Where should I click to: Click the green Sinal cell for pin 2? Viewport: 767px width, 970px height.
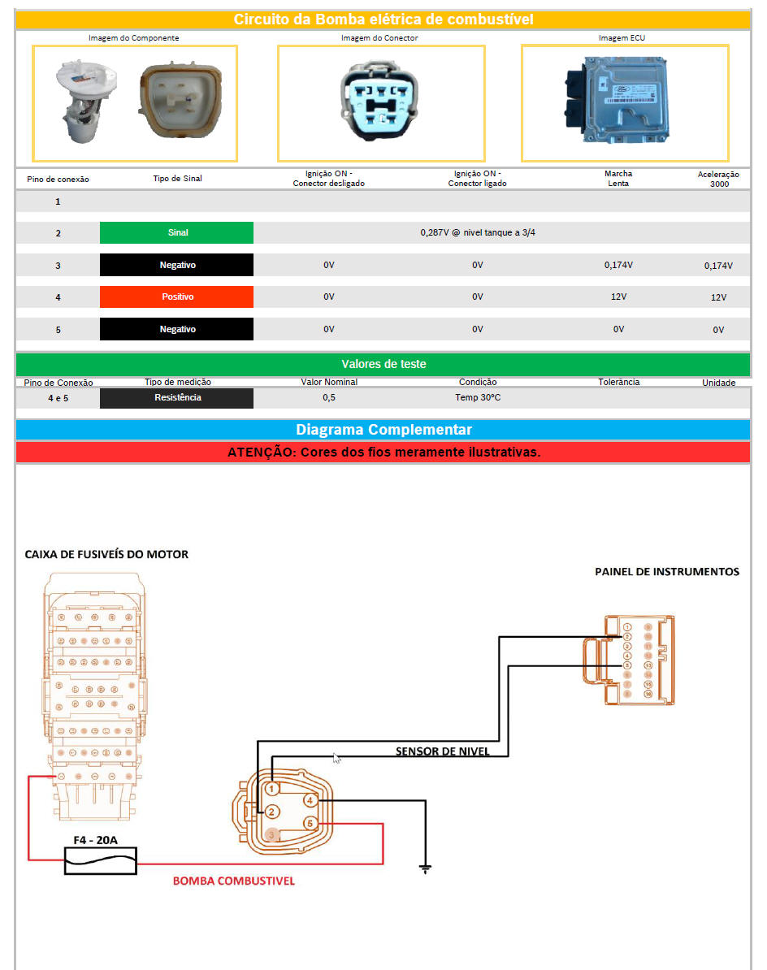(177, 233)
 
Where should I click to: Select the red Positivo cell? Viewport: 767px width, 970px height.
(177, 297)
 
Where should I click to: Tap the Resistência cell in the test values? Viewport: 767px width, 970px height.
(177, 398)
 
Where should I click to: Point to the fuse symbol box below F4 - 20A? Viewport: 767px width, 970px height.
(101, 861)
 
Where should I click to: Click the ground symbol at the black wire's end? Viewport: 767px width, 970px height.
(425, 868)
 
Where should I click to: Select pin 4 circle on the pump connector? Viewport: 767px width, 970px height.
(310, 801)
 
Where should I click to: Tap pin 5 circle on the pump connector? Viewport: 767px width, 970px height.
(310, 824)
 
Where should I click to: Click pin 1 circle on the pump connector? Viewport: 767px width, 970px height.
(272, 788)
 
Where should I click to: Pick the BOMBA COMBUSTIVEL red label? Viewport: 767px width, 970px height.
(234, 881)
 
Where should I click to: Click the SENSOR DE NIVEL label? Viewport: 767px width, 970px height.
(443, 751)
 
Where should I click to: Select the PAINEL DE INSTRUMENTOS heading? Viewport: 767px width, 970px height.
(667, 572)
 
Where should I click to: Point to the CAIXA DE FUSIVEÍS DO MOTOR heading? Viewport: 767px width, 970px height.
(106, 554)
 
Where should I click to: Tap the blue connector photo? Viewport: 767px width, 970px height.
(381, 103)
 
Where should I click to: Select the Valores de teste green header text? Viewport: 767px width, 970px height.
(383, 364)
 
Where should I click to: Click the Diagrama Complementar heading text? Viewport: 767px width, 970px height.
(383, 430)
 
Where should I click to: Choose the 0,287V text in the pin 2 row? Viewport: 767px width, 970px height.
(478, 233)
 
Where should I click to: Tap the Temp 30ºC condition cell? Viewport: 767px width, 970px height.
(478, 398)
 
